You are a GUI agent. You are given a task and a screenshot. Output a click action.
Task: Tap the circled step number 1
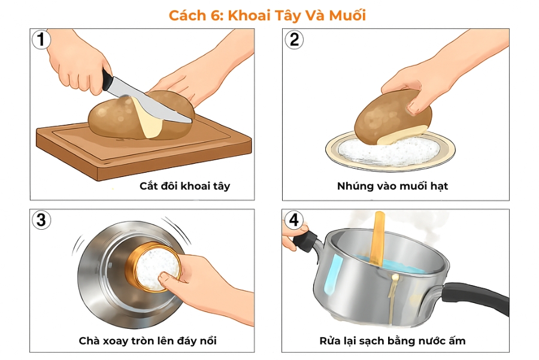click(41, 40)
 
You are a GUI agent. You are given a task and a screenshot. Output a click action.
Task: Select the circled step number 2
click(293, 40)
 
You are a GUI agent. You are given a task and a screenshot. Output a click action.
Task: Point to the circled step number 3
click(41, 220)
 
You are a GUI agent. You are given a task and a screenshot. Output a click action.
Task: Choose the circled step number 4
click(293, 220)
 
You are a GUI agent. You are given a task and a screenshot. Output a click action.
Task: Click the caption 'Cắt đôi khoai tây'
click(184, 186)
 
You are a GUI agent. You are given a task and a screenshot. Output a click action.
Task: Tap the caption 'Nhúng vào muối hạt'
click(392, 186)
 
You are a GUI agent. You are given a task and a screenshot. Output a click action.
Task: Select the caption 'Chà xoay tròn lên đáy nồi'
click(148, 341)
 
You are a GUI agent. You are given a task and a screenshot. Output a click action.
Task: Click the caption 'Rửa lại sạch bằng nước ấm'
click(392, 341)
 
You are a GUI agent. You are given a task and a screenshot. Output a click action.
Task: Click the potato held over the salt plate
click(389, 114)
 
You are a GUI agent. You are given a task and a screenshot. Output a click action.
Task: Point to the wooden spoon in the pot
click(379, 240)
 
